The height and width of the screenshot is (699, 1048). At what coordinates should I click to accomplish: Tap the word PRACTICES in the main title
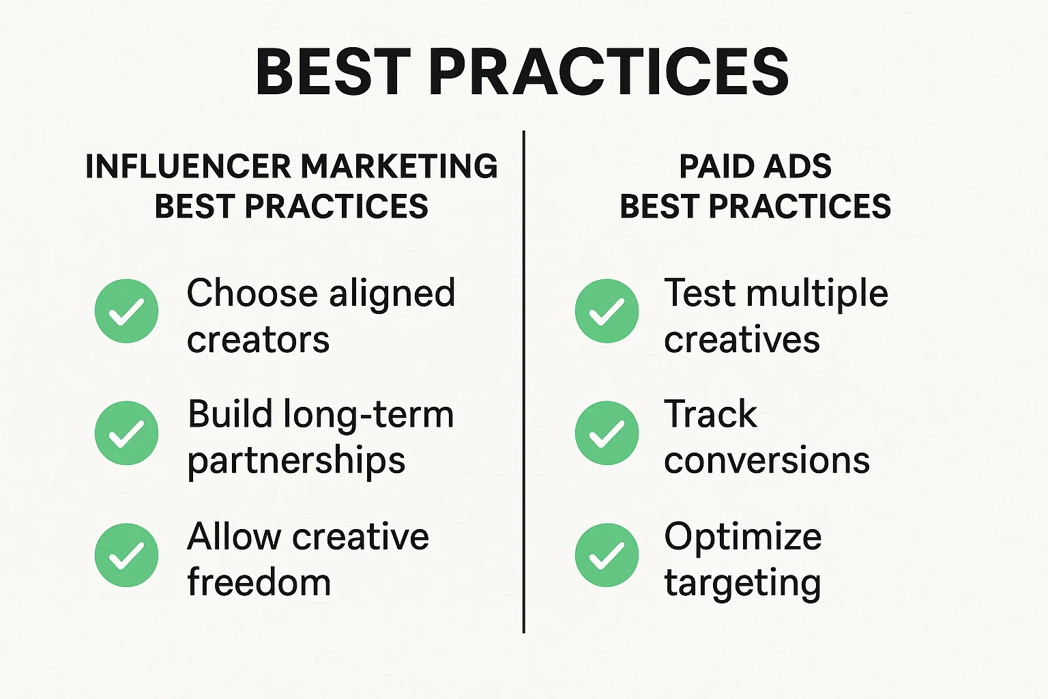[x=609, y=72]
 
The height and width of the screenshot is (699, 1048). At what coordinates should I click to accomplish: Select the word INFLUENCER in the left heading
[x=188, y=167]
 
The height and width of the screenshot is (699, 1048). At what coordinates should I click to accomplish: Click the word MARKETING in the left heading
[x=399, y=167]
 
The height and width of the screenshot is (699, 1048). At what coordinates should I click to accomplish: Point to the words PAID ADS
[x=755, y=167]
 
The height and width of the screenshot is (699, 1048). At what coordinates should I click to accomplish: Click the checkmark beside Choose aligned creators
[x=127, y=311]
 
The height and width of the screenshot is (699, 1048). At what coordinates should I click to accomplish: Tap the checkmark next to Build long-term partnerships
[x=127, y=433]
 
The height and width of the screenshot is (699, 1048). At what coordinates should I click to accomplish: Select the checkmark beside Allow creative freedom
[x=127, y=555]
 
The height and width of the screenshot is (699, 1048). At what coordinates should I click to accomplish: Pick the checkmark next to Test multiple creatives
[x=607, y=311]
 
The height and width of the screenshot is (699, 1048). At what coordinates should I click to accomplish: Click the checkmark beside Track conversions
[x=607, y=433]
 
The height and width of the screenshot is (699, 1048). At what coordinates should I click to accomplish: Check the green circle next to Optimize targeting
[x=607, y=555]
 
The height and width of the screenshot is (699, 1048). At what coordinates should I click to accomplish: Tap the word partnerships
[x=296, y=461]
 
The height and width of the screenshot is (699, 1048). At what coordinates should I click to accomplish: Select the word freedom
[x=259, y=583]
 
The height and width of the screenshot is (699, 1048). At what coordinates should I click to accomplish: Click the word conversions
[x=767, y=461]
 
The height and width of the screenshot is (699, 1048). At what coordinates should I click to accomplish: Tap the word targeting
[x=742, y=584]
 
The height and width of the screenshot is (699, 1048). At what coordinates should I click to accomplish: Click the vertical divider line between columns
[x=523, y=382]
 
